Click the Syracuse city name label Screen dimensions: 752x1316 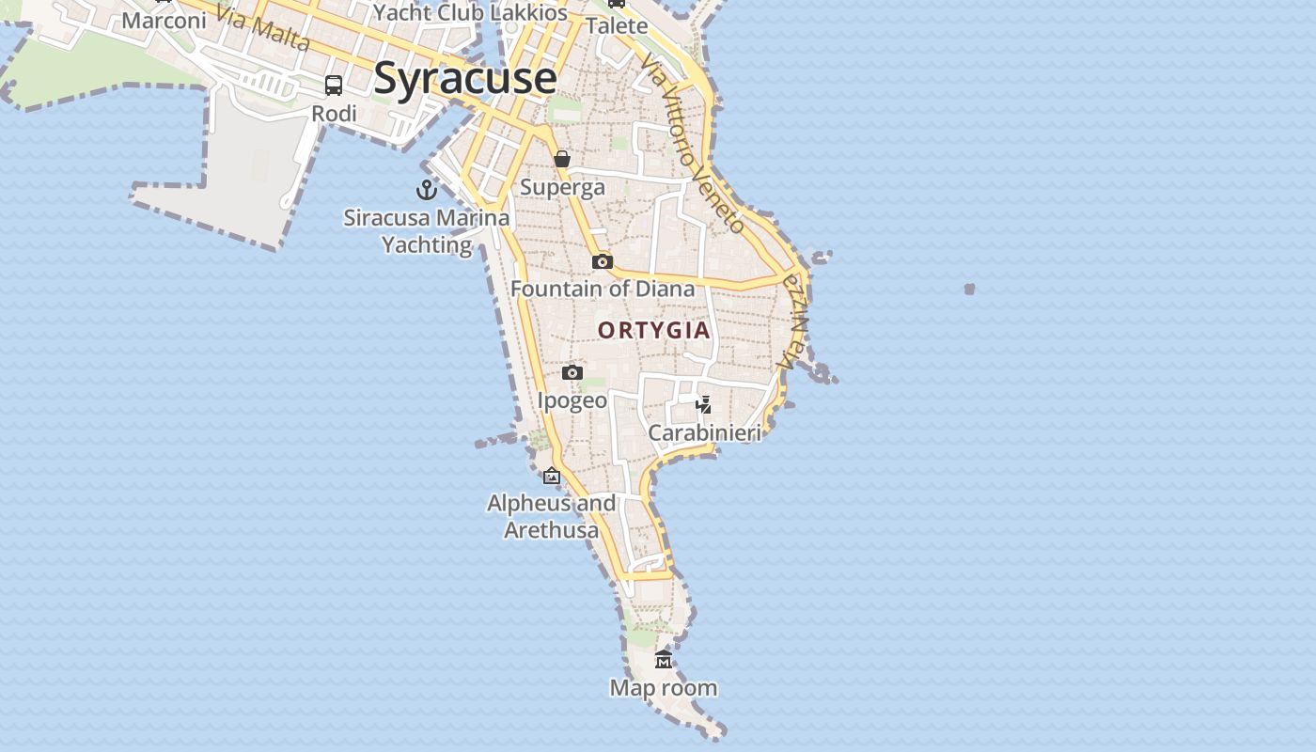(465, 78)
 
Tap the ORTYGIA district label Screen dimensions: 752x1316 (654, 331)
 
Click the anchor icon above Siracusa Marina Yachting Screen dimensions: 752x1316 (427, 190)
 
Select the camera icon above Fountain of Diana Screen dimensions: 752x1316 (603, 261)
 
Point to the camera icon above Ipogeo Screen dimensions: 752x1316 (572, 373)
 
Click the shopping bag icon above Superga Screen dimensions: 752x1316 (562, 159)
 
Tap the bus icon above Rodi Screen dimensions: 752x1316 (334, 86)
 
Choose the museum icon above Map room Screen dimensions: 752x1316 (664, 660)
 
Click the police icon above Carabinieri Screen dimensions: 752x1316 (703, 405)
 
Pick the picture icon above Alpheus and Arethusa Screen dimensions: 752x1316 (552, 477)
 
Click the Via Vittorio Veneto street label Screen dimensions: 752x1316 (694, 143)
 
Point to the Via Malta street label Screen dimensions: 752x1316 (262, 28)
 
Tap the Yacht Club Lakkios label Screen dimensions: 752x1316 (470, 13)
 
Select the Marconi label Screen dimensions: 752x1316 (164, 21)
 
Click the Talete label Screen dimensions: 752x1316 (618, 25)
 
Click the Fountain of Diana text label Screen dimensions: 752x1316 (603, 289)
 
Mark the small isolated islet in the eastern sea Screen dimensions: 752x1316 (969, 290)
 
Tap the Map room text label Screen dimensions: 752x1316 (664, 688)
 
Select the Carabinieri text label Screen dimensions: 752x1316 (704, 433)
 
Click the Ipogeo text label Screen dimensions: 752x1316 (572, 400)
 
